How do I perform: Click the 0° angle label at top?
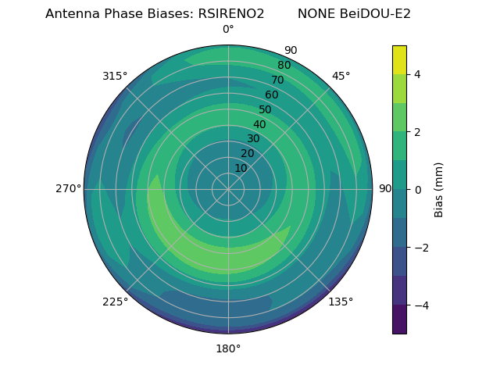pyautogui.click(x=228, y=30)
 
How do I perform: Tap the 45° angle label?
pyautogui.click(x=341, y=76)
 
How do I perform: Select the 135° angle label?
pyautogui.click(x=341, y=302)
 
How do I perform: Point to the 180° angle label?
pyautogui.click(x=228, y=348)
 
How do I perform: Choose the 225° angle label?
pyautogui.click(x=115, y=302)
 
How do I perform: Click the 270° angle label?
pyautogui.click(x=69, y=189)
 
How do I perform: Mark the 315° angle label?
pyautogui.click(x=115, y=76)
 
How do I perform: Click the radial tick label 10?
pyautogui.click(x=241, y=168)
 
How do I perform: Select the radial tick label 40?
pyautogui.click(x=259, y=124)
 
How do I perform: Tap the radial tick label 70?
pyautogui.click(x=277, y=80)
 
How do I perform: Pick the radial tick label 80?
pyautogui.click(x=284, y=65)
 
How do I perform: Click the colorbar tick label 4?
pyautogui.click(x=417, y=74)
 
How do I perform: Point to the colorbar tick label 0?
pyautogui.click(x=417, y=189)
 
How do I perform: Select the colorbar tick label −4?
pyautogui.click(x=420, y=305)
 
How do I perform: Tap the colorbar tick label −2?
pyautogui.click(x=420, y=247)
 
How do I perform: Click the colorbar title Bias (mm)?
pyautogui.click(x=439, y=189)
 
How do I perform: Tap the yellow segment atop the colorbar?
pyautogui.click(x=399, y=59)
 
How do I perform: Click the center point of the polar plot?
pyautogui.click(x=228, y=189)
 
